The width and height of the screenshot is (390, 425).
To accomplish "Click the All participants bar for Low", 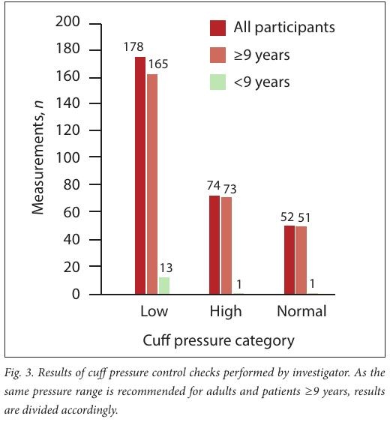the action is point(140,175).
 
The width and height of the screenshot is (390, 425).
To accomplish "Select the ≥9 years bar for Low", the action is point(152,184).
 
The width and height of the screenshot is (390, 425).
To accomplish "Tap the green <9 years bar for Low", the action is point(164,286).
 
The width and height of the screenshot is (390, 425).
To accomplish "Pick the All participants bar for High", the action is point(214,245).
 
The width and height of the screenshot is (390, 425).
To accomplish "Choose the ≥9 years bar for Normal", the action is point(301,261).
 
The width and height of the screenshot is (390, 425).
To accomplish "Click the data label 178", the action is point(133,47).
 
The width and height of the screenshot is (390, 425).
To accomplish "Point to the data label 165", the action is point(157,64).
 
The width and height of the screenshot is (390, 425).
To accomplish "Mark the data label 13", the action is point(166,268).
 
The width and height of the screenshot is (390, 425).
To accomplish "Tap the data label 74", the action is point(214,186).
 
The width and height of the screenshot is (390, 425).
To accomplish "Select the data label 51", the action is point(304,217).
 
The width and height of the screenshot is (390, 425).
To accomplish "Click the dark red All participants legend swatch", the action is point(217,28).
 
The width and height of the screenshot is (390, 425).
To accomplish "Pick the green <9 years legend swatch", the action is point(217,82).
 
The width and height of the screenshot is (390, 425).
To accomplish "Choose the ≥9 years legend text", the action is point(262,55).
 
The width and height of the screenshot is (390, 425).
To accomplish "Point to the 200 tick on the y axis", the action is point(95,24).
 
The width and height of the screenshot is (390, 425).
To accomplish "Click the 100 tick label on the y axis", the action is point(67,157).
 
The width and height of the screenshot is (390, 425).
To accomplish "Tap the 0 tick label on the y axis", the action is point(76,294).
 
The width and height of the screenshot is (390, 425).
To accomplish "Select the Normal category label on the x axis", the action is point(301,311).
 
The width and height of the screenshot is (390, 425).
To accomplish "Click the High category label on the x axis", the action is point(226,312).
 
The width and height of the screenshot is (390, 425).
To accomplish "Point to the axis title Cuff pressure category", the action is point(218,341).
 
